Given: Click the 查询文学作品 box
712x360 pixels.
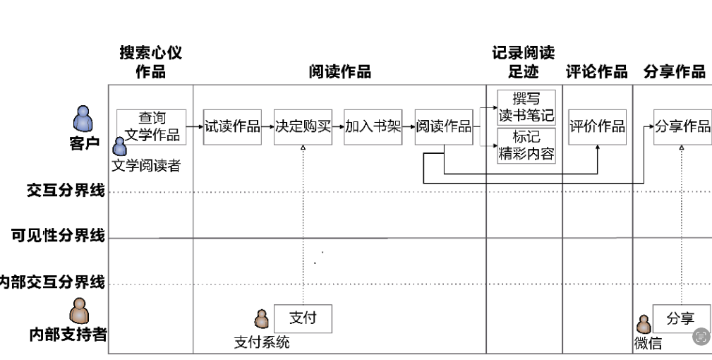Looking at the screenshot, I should (152, 127).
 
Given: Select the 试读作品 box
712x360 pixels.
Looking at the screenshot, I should (232, 127).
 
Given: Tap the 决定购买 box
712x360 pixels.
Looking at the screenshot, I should (303, 127).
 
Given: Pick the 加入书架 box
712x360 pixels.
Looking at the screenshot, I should (373, 127).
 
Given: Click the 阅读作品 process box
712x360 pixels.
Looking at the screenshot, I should (443, 127).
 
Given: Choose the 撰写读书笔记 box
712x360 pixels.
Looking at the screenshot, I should (526, 107).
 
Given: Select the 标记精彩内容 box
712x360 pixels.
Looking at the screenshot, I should (526, 145).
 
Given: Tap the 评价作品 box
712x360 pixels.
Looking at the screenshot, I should (597, 127).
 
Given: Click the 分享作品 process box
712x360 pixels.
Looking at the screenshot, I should (682, 127).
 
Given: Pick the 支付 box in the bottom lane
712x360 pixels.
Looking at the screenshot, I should (303, 318).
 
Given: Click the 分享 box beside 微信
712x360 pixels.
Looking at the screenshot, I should (681, 318).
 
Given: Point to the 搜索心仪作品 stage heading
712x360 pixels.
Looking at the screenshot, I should (151, 62).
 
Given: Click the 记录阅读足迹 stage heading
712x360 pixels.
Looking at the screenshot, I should (523, 62).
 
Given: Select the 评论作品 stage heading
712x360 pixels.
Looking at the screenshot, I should (596, 71).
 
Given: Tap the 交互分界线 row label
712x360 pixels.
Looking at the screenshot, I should (66, 191).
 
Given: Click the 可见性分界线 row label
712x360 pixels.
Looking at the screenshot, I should (58, 236).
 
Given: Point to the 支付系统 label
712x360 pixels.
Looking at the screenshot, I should (262, 343).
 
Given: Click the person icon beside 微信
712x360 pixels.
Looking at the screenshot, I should (644, 325).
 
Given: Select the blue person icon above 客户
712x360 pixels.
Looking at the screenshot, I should (84, 119).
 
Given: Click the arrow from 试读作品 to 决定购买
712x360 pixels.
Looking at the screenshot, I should (267, 127).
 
